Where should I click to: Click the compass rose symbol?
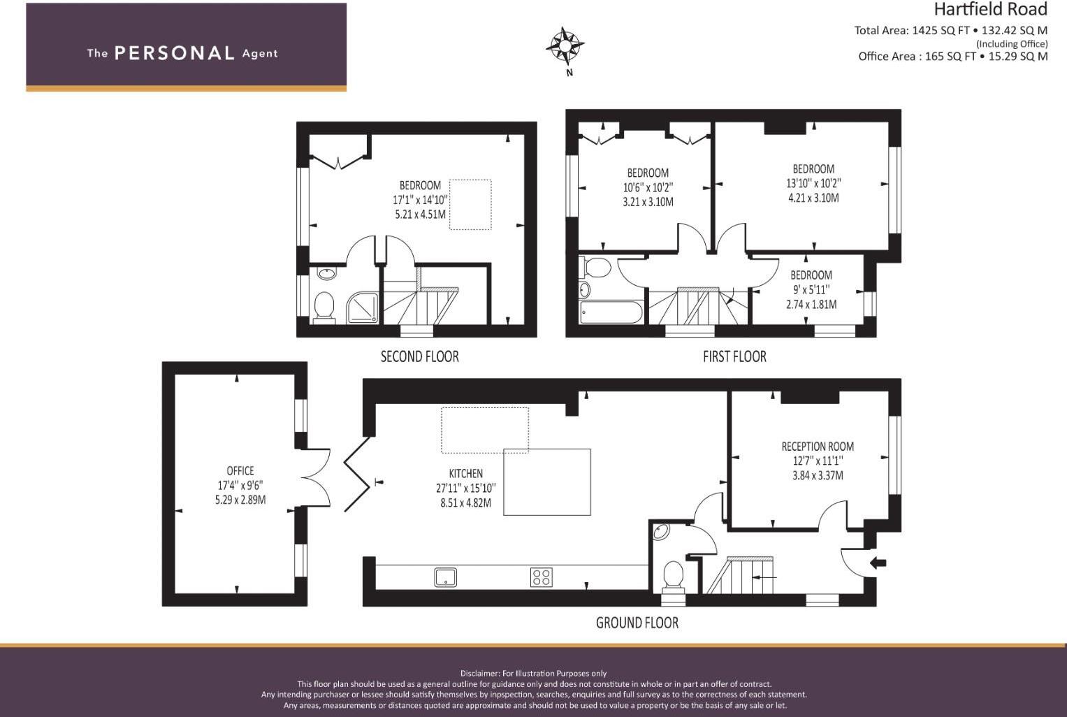click(565, 46)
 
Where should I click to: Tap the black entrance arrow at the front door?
click(878, 563)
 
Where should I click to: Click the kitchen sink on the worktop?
click(445, 577)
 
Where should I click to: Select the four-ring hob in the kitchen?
click(542, 577)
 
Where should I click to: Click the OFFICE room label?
click(240, 471)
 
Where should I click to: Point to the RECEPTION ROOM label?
click(818, 447)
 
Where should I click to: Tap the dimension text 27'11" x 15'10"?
click(465, 488)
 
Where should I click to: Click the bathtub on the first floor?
click(611, 312)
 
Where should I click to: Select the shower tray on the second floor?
click(363, 308)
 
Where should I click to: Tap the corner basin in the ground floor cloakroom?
click(660, 532)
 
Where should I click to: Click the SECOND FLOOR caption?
click(419, 356)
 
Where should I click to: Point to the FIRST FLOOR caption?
click(734, 356)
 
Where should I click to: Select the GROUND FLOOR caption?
click(637, 623)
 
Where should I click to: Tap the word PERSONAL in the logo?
click(174, 53)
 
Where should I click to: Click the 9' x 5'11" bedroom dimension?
click(811, 289)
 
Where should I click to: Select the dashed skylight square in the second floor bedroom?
click(470, 204)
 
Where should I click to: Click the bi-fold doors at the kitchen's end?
click(357, 475)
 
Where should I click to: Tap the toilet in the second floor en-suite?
click(324, 307)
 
